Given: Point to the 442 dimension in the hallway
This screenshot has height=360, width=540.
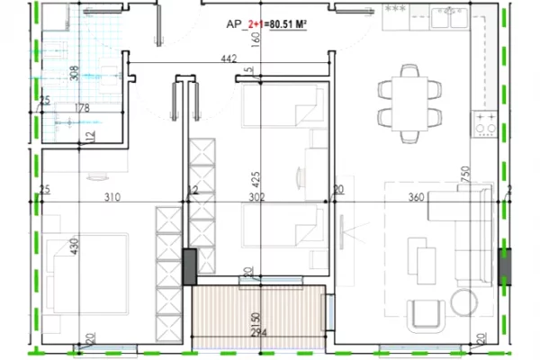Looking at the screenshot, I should pos(229,60).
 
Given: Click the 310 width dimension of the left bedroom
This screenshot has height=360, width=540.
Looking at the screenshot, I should pos(111,196).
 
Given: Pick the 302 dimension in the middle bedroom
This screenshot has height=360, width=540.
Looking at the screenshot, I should pos(256,196).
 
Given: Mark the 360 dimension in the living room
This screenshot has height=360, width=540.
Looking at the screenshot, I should pos(416,196).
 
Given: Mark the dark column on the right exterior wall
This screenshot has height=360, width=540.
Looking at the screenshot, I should pos(504,266).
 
